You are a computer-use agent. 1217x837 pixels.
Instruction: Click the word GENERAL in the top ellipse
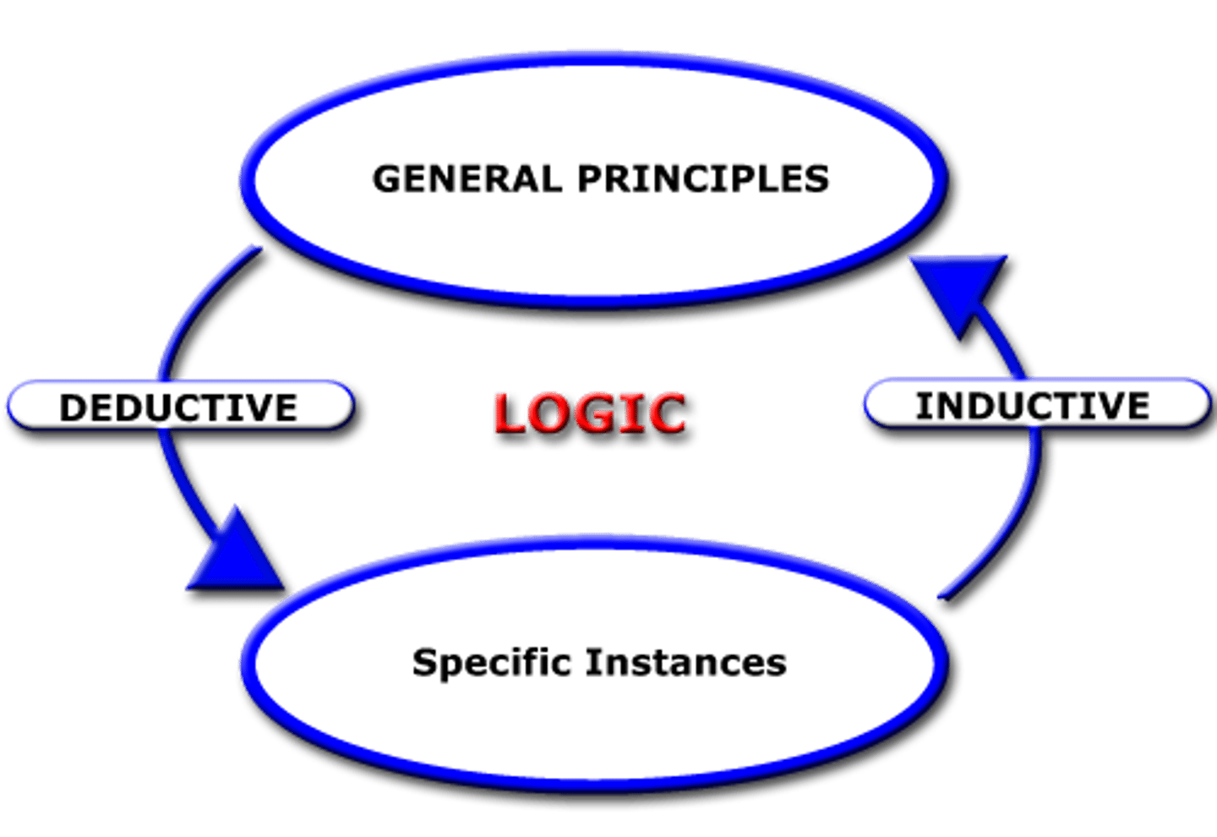(x=467, y=179)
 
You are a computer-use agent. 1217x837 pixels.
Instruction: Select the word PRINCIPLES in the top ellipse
(x=703, y=179)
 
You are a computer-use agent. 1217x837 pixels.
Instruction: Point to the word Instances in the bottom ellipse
(x=686, y=662)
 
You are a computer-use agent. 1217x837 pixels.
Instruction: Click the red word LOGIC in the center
(x=589, y=413)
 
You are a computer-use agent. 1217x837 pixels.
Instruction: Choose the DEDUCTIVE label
(x=178, y=407)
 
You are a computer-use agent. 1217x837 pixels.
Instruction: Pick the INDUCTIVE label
(x=1034, y=405)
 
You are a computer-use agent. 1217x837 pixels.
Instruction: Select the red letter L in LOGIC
(x=510, y=413)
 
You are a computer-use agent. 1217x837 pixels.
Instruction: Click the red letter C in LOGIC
(x=666, y=413)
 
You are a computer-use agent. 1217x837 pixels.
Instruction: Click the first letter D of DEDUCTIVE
(x=74, y=408)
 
